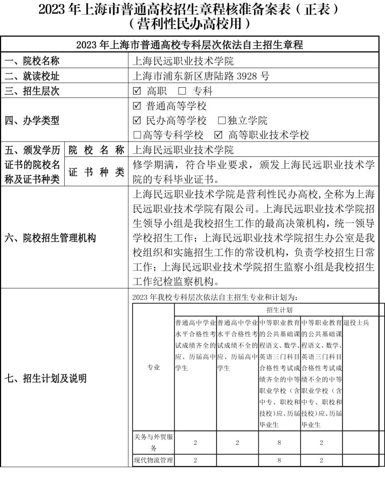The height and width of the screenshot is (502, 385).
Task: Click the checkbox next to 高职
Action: pos(137,91)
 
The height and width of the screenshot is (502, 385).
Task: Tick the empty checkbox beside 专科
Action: pos(182,91)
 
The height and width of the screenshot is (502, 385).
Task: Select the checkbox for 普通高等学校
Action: pos(137,106)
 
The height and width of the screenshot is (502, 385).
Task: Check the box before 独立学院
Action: pos(222,121)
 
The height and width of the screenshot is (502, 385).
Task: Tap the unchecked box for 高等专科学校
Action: pos(137,135)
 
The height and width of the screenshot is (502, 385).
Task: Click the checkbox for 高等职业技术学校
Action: pos(218,135)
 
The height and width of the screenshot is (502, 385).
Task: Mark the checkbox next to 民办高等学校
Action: pos(137,121)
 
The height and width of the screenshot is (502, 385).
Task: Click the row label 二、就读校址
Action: pos(32,76)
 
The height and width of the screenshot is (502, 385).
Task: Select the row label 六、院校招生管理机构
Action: pos(50,238)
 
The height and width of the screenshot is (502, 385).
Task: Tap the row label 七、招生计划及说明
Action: pos(46,378)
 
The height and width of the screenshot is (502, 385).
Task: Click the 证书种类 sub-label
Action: pos(96,172)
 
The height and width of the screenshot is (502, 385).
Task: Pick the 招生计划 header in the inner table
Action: pos(279,310)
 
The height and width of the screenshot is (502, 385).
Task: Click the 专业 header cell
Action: pos(153,368)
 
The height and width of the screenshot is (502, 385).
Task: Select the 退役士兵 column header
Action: pos(356,323)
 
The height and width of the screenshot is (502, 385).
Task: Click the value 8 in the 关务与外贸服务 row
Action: pos(279,443)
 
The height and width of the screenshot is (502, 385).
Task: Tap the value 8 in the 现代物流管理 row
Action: pos(279,460)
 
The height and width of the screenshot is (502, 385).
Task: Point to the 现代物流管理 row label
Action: pos(153,460)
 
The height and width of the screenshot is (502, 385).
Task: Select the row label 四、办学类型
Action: pos(32,121)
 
